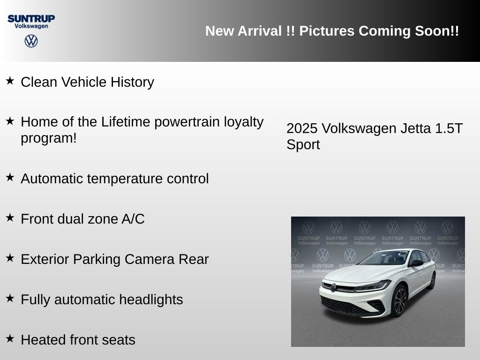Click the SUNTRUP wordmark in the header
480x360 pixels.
click(31, 18)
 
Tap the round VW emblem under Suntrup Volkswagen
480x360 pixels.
click(31, 41)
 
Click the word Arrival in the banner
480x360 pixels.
click(260, 31)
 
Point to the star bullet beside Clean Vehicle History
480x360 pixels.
click(10, 81)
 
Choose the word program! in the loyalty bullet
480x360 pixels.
click(49, 138)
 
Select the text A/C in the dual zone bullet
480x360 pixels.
click(133, 219)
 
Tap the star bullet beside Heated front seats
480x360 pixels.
click(10, 338)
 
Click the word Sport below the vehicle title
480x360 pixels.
click(303, 144)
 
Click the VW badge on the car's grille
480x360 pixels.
click(333, 287)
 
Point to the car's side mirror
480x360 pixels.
click(415, 263)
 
